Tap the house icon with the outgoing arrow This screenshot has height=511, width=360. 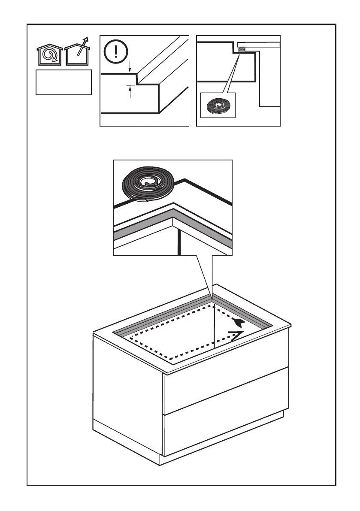click(x=78, y=54)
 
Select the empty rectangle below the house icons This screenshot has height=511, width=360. click(x=64, y=82)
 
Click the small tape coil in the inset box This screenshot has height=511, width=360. click(x=218, y=105)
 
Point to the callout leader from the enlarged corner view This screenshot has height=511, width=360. click(x=204, y=275)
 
